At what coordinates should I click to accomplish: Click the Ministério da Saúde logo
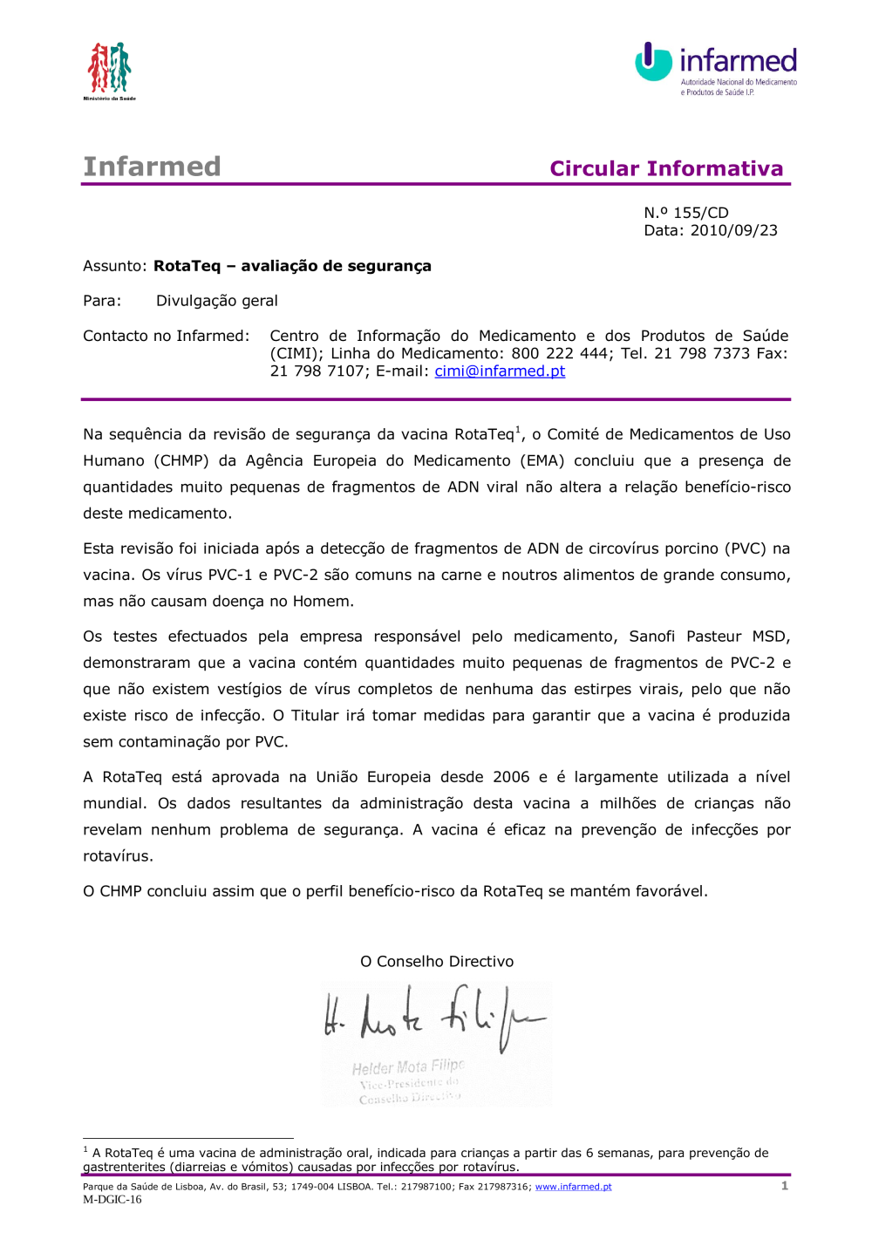[109, 70]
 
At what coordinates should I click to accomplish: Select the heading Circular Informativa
[666, 168]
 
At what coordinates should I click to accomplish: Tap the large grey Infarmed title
[152, 167]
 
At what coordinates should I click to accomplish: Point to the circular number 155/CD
[700, 213]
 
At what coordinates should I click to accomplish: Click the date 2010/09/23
[733, 230]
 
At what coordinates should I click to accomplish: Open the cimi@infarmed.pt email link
[500, 371]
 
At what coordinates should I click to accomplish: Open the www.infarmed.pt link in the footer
[573, 1187]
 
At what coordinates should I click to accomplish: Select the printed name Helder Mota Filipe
[408, 1066]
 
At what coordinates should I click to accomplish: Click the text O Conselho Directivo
[437, 961]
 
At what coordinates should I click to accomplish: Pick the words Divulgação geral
[216, 301]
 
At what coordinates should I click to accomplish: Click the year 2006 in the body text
[511, 777]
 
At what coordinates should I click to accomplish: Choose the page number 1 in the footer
[785, 1186]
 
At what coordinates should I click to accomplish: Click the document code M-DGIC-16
[112, 1199]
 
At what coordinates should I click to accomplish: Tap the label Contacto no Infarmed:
[166, 336]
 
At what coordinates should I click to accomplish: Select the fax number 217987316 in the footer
[501, 1187]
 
